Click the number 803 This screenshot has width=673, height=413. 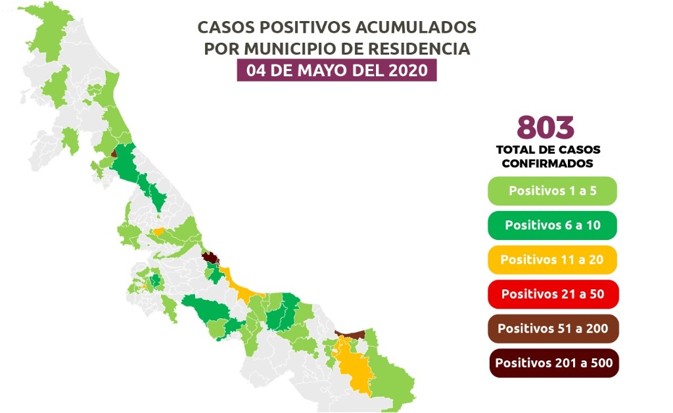[545, 126]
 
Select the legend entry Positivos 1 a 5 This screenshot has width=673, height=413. [551, 191]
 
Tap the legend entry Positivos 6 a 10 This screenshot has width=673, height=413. [552, 225]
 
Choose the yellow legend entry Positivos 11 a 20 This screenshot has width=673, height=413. [552, 259]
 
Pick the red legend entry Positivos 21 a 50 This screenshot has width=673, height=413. [552, 293]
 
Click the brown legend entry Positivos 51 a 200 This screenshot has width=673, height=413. [552, 328]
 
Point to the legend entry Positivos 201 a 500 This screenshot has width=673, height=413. [552, 362]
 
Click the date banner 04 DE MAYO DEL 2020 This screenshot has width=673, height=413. [336, 70]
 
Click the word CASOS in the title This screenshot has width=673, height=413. [227, 28]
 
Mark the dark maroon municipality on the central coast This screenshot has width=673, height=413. [210, 258]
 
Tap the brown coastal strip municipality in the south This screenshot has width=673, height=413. [352, 335]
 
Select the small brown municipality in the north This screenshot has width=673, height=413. [114, 153]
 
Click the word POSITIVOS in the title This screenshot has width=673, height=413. [305, 28]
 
